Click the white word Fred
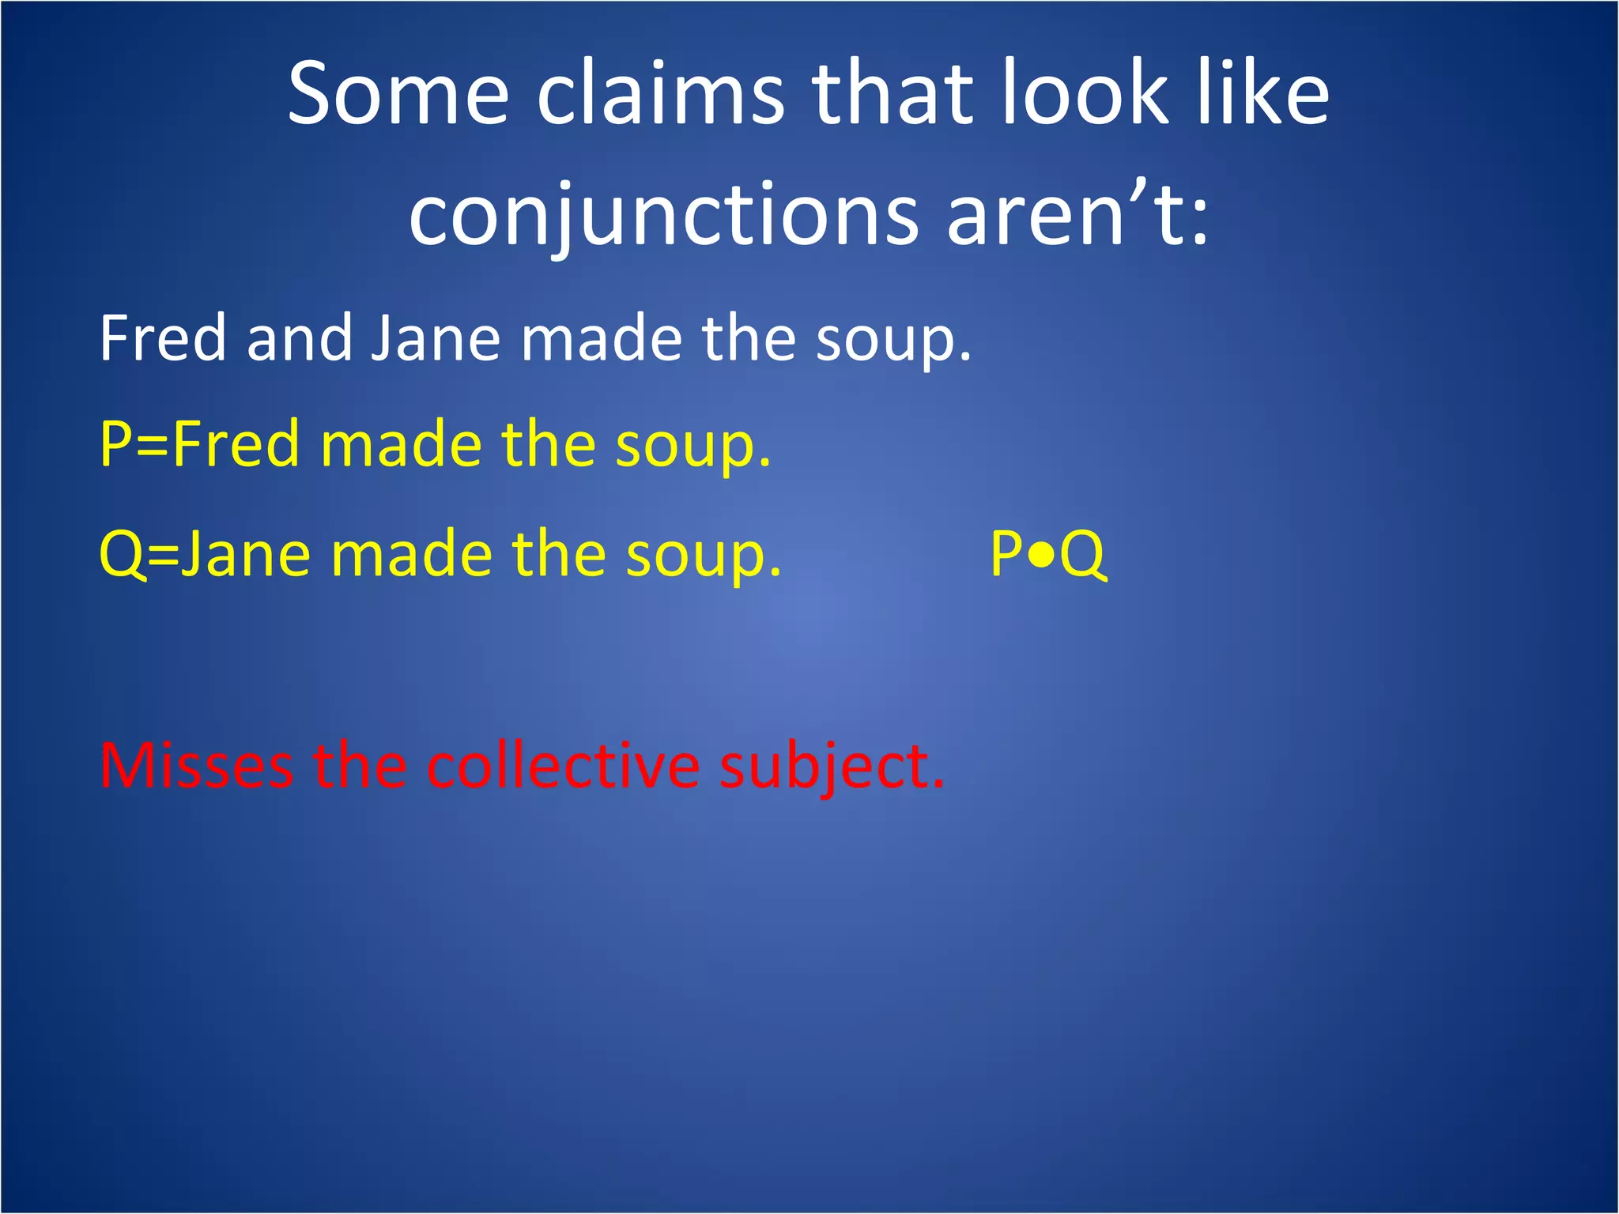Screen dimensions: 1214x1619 point(163,338)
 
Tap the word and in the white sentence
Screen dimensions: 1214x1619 point(300,338)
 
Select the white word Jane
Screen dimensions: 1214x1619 point(436,338)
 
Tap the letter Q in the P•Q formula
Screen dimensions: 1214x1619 point(1082,556)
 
